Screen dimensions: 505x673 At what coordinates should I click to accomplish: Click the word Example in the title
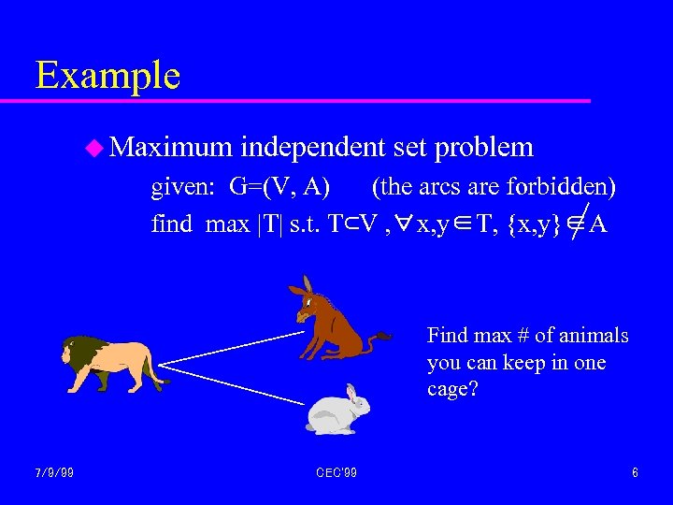(107, 75)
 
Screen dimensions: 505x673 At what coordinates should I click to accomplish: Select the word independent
(312, 147)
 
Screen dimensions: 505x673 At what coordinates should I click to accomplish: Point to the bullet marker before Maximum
(93, 147)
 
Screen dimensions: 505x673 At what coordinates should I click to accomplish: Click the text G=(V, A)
(280, 187)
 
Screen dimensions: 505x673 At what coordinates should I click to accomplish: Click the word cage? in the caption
(453, 388)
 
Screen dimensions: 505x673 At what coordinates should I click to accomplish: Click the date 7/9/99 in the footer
(55, 473)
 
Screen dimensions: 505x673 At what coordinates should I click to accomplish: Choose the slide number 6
(635, 473)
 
